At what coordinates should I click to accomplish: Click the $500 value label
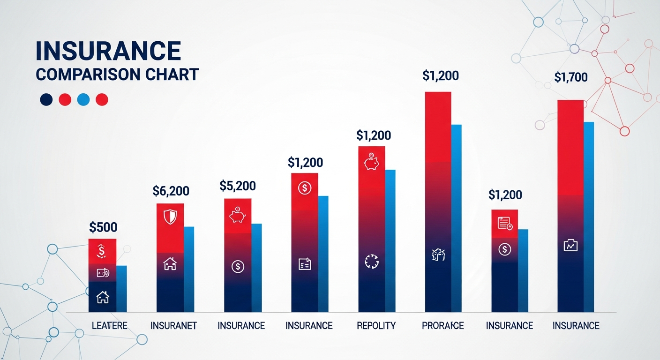103,228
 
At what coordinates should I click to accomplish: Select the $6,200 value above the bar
171,191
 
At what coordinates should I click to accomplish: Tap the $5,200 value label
238,186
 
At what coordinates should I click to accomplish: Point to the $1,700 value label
570,77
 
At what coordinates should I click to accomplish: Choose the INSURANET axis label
173,325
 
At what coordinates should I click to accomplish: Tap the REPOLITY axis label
376,325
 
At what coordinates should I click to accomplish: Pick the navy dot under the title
46,99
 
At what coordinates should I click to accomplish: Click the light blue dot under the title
83,99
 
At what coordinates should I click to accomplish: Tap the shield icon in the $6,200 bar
170,217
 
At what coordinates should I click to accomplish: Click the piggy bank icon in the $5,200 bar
237,215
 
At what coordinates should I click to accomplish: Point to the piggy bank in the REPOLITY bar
371,162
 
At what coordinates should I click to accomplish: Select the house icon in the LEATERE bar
102,297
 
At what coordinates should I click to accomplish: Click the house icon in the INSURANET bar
170,264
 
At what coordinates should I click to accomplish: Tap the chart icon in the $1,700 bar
570,245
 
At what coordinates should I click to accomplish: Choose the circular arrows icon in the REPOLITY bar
371,261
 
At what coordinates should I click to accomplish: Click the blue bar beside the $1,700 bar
589,216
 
